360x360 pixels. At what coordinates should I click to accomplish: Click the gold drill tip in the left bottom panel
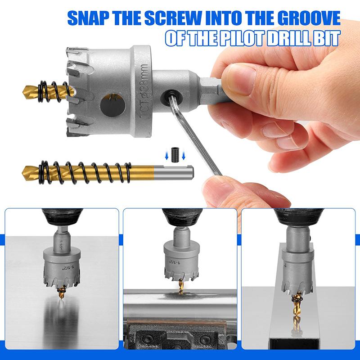tap(60, 294)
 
